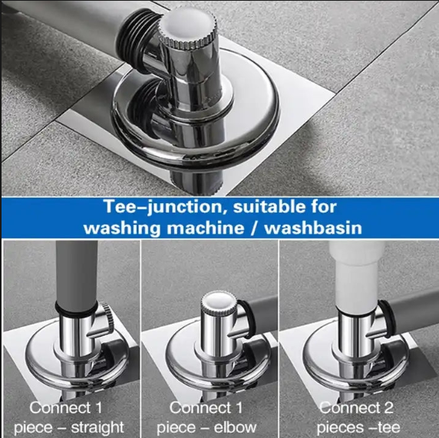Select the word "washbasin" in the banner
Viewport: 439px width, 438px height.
(x=313, y=228)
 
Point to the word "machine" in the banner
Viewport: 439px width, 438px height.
(x=206, y=228)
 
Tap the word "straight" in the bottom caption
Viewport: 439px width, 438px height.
(x=97, y=427)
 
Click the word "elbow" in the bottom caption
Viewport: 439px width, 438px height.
(x=235, y=427)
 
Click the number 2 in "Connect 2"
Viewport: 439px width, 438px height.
(x=388, y=408)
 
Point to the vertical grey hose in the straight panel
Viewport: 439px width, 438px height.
(x=77, y=273)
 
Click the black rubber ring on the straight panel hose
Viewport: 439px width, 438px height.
(x=76, y=307)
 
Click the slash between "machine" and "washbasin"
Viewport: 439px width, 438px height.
(x=254, y=228)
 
